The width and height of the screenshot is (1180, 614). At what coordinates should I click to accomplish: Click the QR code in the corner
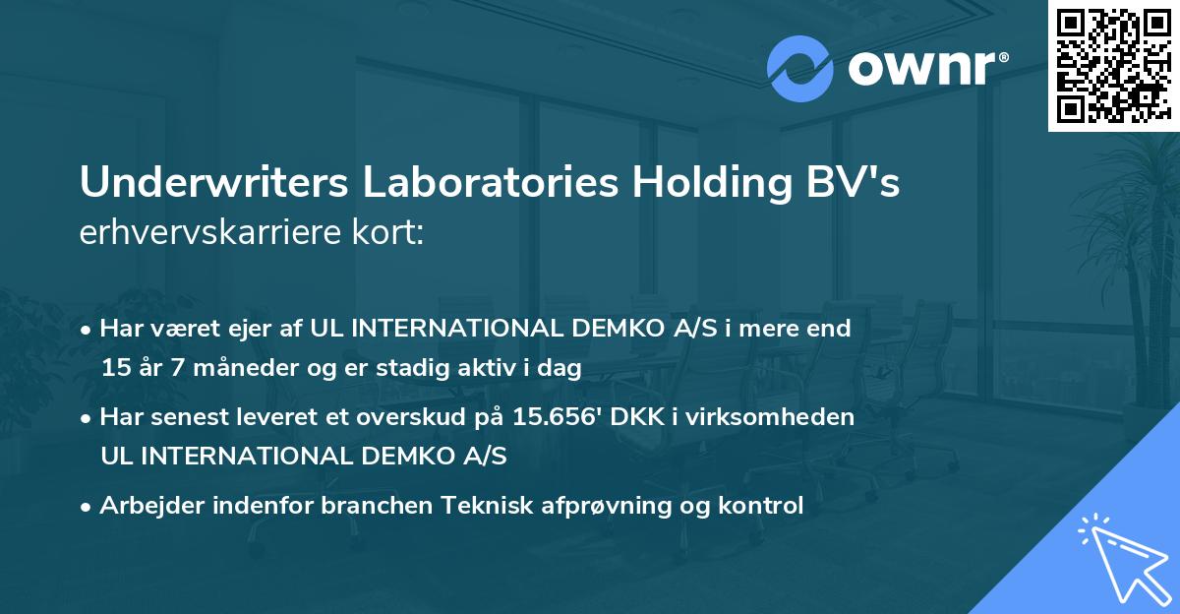click(1113, 65)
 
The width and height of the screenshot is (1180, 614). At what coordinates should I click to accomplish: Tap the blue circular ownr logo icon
click(800, 69)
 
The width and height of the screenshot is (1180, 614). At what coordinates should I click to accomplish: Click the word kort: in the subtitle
click(393, 235)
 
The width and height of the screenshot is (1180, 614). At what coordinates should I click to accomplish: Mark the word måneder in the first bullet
click(234, 369)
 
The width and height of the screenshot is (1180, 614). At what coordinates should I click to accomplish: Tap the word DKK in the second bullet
click(630, 416)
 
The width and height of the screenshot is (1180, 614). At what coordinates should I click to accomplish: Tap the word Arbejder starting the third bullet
click(147, 506)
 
